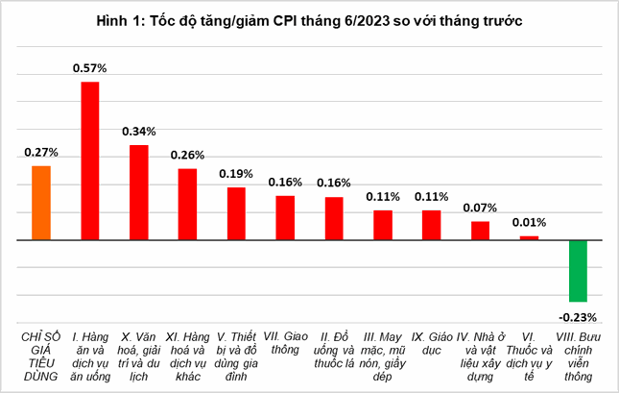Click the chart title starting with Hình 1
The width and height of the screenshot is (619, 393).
pyautogui.click(x=309, y=20)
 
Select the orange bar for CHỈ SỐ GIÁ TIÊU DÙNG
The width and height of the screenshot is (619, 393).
pyautogui.click(x=41, y=202)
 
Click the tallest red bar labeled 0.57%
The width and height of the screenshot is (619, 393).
pyautogui.click(x=90, y=160)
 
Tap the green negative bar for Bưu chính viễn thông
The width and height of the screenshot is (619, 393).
pyautogui.click(x=578, y=271)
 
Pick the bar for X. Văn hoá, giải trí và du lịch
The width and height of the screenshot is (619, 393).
pyautogui.click(x=139, y=191)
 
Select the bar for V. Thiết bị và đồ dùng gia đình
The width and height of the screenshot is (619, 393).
pyautogui.click(x=236, y=212)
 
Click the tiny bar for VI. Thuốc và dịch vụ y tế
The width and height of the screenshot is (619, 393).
pyautogui.click(x=530, y=237)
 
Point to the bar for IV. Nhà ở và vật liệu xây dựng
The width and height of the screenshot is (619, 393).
pyautogui.click(x=481, y=230)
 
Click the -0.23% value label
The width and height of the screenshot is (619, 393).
pyautogui.click(x=578, y=316)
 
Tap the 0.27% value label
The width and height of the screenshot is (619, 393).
pyautogui.click(x=41, y=152)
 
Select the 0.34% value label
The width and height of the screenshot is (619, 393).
pyautogui.click(x=139, y=131)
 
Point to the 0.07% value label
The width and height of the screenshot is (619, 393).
pyautogui.click(x=481, y=208)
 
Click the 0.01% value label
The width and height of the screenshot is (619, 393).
pyautogui.click(x=530, y=222)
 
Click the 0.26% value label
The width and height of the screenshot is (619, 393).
pyautogui.click(x=188, y=155)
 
